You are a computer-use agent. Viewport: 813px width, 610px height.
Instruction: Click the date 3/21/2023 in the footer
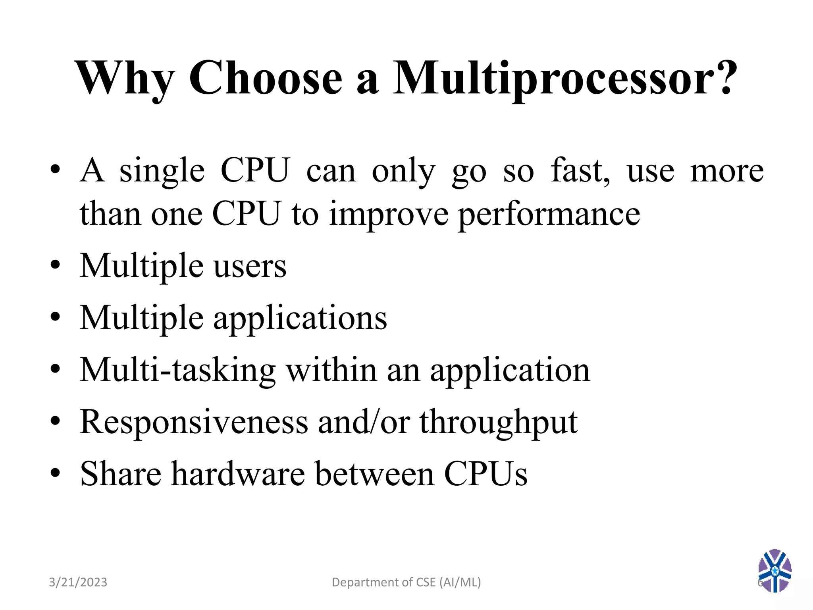coord(78,582)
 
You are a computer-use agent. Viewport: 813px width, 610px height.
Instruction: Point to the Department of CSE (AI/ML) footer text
coord(406,582)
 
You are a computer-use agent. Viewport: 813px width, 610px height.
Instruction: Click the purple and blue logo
coord(774,570)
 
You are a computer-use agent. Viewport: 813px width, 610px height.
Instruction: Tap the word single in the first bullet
coord(162,171)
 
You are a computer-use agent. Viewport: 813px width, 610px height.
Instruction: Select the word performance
coord(549,214)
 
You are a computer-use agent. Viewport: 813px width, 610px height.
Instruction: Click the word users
coord(250,266)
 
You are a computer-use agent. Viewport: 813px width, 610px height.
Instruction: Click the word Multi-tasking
coord(177,370)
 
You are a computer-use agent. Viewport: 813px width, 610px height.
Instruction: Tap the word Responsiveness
coord(194,422)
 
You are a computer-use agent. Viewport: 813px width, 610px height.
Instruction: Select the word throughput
coord(499,422)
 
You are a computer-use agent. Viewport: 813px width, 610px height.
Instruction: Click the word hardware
coord(238,473)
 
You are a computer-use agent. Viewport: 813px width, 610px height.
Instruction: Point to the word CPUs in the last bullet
coord(485,473)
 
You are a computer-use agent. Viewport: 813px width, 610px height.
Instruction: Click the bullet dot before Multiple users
coord(55,265)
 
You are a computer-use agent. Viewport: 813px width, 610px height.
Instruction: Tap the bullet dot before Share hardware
coord(55,473)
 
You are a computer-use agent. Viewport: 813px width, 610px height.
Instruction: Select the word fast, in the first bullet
coord(580,171)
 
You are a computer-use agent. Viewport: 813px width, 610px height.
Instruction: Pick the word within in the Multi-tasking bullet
coord(331,370)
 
